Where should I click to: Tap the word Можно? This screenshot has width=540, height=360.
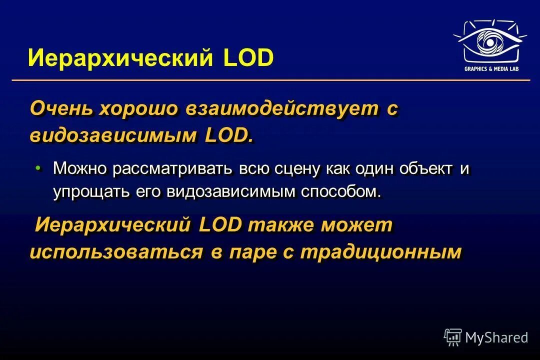pyautogui.click(x=80, y=168)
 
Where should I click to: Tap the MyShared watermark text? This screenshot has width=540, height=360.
pyautogui.click(x=496, y=337)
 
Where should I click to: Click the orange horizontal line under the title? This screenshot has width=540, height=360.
pyautogui.click(x=270, y=80)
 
